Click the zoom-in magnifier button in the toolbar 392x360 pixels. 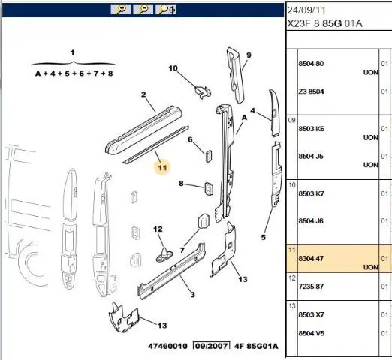[121, 10]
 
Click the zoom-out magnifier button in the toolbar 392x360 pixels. [143, 10]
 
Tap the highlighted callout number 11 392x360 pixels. [162, 167]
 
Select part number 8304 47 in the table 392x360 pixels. [311, 258]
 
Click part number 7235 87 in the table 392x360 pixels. [311, 286]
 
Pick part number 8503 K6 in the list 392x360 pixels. [311, 129]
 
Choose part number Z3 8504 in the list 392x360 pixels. [311, 91]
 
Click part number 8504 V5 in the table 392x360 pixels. [311, 333]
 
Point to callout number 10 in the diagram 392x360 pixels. [173, 68]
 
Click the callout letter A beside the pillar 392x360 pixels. [244, 118]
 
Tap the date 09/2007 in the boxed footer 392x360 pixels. [212, 346]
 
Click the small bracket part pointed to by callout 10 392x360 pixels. [203, 91]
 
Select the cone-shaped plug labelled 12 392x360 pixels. [164, 254]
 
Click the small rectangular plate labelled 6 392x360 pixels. [209, 156]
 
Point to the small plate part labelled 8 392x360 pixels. [209, 188]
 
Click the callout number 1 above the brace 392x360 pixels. [73, 52]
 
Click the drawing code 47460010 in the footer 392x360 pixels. [167, 346]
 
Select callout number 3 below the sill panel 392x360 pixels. [192, 295]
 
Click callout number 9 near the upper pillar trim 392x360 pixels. [249, 55]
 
